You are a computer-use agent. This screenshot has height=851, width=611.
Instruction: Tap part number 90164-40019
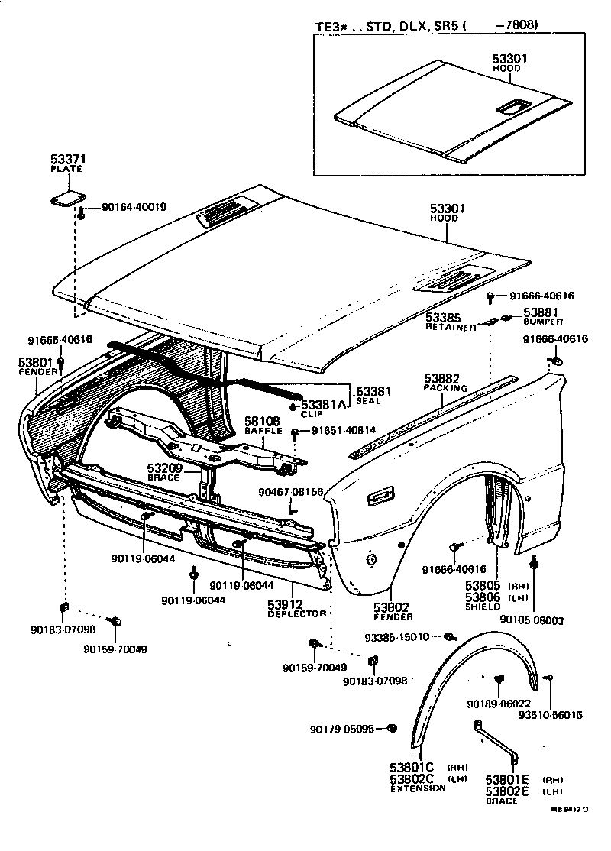click(134, 207)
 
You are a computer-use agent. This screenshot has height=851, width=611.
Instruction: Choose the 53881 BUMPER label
click(541, 312)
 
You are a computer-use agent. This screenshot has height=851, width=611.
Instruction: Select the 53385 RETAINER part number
click(443, 315)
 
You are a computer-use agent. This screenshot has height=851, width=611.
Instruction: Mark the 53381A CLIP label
click(324, 404)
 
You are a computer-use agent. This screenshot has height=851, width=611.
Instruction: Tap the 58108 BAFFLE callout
click(262, 421)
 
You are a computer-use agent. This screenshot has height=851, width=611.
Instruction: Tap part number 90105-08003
click(532, 620)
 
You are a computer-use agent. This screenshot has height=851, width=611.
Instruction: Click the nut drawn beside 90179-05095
click(392, 729)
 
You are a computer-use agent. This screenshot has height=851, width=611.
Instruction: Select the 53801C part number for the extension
click(412, 768)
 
